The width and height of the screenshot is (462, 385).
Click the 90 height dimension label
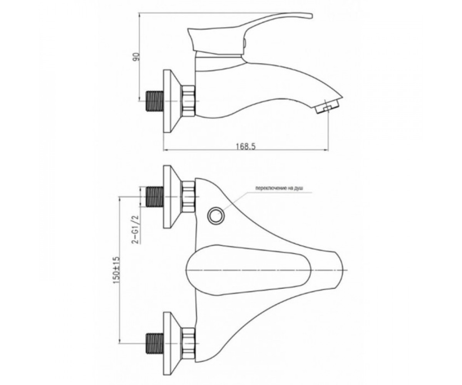[137, 57]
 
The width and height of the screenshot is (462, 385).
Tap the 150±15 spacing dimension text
[117, 270]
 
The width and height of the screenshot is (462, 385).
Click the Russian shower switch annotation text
[279, 188]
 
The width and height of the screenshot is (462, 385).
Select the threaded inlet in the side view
[155, 101]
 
